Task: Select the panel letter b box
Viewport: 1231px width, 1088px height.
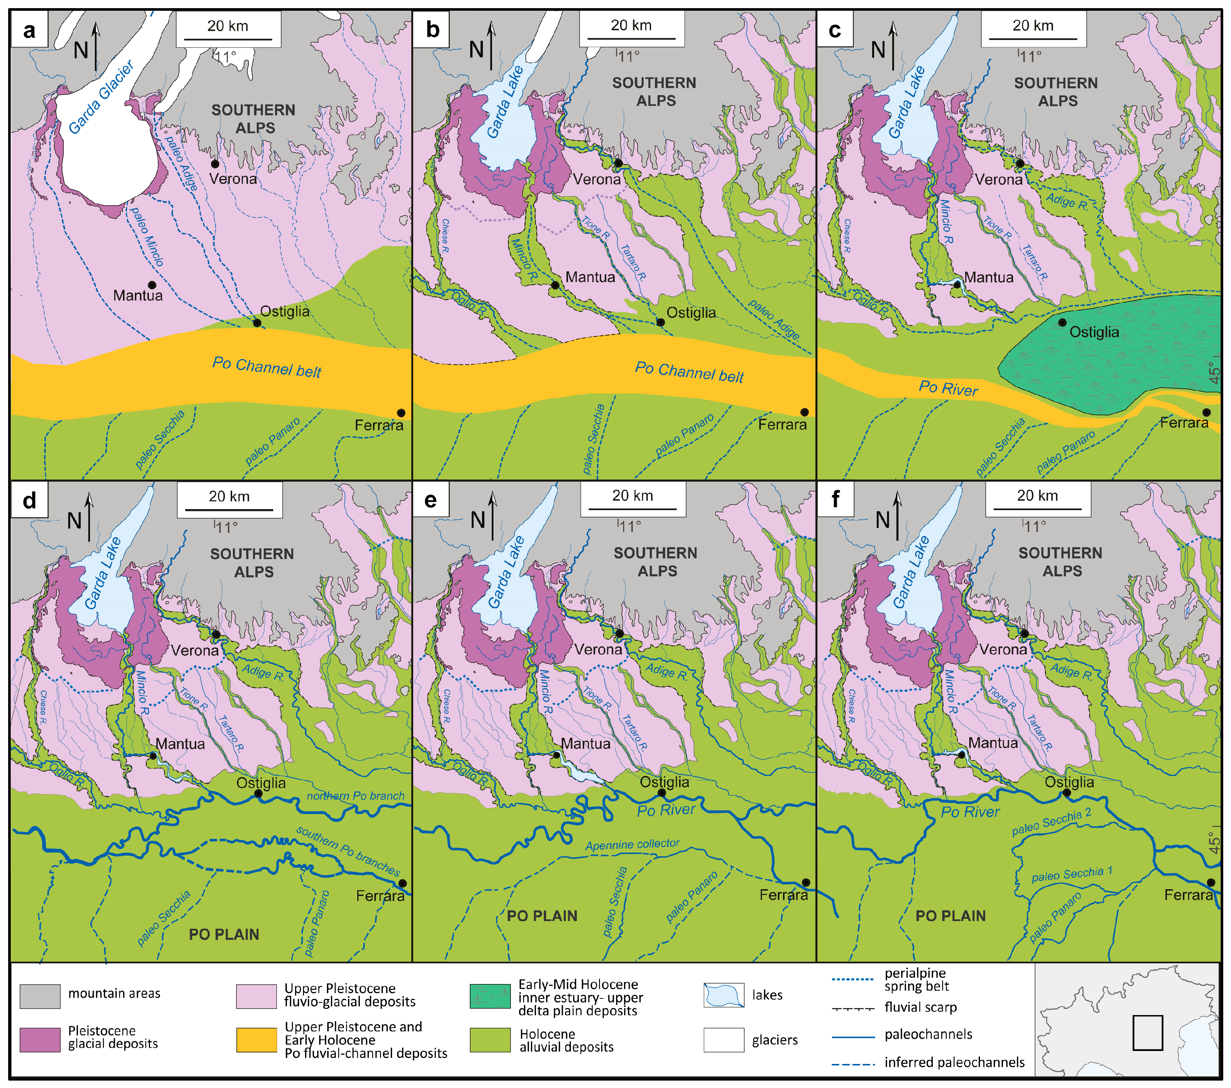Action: coord(432,30)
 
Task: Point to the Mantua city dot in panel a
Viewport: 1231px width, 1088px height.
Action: coord(152,285)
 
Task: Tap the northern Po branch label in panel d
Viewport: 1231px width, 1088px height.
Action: coord(355,796)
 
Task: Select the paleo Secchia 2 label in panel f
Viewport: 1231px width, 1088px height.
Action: coord(1051,823)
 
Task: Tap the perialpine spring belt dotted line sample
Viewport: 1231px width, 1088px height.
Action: coord(852,980)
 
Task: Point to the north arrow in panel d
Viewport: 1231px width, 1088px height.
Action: coord(89,516)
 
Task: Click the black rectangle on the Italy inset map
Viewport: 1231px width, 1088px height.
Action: coord(1147,1032)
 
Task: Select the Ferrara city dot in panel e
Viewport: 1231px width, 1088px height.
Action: coord(806,883)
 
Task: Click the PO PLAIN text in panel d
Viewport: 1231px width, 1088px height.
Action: coord(224,934)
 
